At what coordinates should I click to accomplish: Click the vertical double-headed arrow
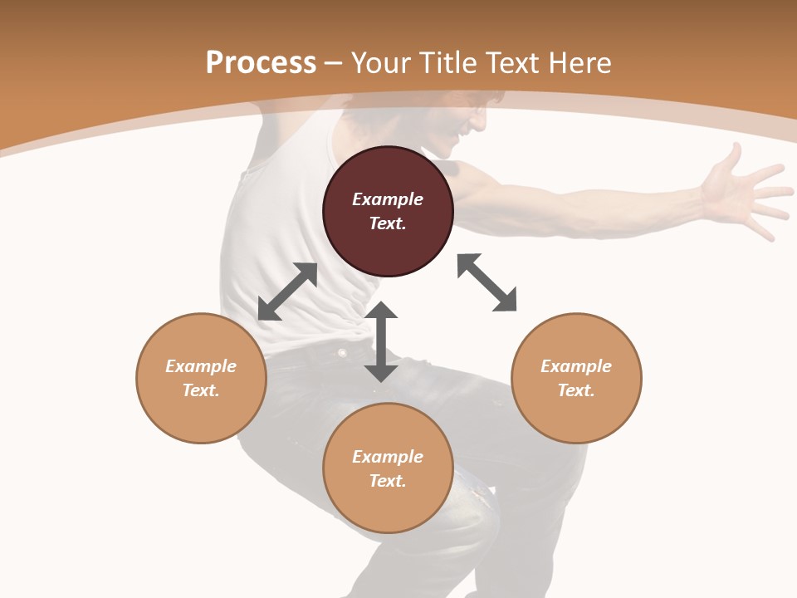(381, 341)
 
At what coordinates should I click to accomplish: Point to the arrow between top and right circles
(487, 282)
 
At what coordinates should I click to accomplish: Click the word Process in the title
(261, 62)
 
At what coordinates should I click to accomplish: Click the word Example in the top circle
(388, 199)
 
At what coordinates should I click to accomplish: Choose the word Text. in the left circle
(201, 390)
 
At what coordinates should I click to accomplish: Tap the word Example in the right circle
(576, 366)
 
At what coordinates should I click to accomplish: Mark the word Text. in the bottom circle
(388, 481)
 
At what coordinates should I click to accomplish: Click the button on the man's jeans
(342, 353)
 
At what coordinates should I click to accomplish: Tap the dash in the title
(334, 64)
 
